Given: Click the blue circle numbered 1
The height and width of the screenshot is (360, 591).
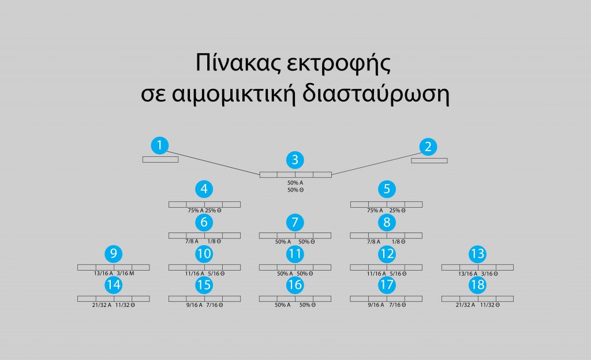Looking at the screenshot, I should click(159, 145).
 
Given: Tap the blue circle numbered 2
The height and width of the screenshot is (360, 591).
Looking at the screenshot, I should click(428, 147).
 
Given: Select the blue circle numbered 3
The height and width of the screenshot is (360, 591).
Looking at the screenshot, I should click(295, 160).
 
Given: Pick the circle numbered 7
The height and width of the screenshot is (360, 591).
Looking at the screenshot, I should click(295, 222).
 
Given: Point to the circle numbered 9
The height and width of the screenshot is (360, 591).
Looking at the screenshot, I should click(114, 254).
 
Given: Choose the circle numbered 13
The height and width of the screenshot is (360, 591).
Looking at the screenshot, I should click(477, 254).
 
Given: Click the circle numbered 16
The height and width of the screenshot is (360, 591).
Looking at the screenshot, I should click(295, 285).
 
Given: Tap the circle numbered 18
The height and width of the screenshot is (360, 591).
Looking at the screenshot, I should click(477, 285).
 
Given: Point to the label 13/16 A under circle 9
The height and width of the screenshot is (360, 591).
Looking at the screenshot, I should click(96, 274).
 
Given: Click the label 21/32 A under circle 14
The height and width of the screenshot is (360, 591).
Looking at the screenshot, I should click(96, 305).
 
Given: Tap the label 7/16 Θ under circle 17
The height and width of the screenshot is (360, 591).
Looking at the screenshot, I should click(396, 305).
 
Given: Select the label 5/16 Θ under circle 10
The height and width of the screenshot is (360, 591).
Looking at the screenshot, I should click(215, 274).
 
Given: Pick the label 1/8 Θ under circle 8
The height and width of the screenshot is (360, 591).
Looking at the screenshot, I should click(398, 242).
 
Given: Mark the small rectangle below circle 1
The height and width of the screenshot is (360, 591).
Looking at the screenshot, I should click(160, 160).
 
